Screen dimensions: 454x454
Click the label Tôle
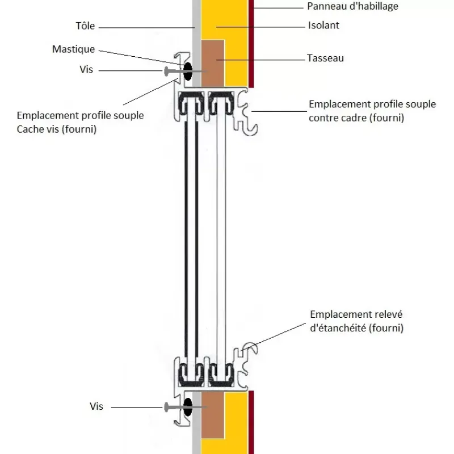86,26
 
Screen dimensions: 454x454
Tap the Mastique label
74,49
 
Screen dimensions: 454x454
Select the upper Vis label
86,69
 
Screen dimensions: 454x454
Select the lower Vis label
96,406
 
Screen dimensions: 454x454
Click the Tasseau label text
325,58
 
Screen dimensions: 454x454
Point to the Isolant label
323,26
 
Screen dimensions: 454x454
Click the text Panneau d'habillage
352,6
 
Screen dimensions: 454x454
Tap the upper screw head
166,72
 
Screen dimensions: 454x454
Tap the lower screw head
166,407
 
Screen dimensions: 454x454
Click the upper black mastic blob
188,71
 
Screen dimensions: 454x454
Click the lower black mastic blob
188,407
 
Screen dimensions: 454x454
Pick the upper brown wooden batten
213,64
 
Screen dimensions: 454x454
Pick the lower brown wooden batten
213,415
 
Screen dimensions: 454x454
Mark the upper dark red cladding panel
251,44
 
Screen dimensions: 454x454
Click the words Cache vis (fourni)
56,129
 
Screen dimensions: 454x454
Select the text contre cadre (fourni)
356,118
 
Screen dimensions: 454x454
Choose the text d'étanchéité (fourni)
357,328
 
